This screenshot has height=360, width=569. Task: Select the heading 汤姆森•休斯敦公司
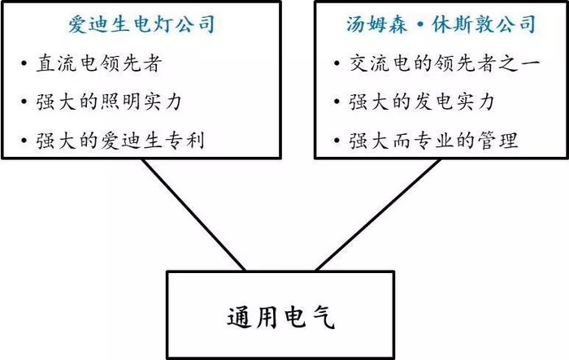440,24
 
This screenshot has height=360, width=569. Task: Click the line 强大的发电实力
423,102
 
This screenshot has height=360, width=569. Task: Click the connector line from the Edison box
193,214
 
